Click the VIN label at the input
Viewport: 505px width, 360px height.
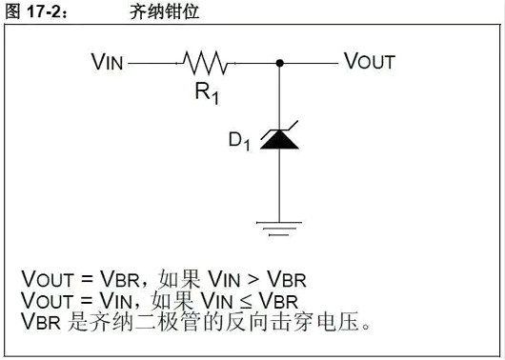[108, 63]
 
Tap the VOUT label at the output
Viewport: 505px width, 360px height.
[369, 63]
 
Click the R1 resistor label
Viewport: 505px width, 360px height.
[206, 93]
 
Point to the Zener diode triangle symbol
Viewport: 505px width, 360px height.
[279, 139]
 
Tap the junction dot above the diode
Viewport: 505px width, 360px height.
[279, 63]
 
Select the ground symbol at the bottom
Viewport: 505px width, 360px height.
[279, 225]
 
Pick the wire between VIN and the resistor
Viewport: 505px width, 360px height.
[152, 63]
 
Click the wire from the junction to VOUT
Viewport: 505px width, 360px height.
[311, 63]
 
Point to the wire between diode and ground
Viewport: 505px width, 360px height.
[279, 186]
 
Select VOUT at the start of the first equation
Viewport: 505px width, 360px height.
[45, 279]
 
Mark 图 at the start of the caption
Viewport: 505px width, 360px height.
[10, 12]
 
